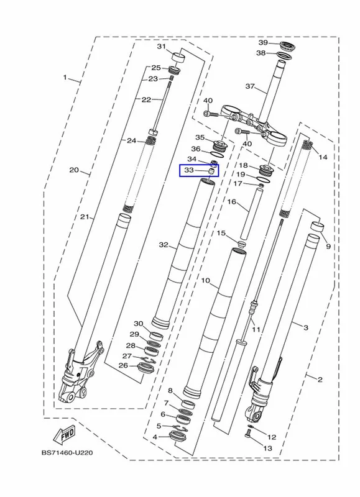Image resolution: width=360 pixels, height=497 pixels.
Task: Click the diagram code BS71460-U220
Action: click(x=67, y=453)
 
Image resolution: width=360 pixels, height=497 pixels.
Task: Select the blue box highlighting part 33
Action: click(x=199, y=170)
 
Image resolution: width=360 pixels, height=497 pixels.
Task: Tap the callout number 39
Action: click(x=263, y=43)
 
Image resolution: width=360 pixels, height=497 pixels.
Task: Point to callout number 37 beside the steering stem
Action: click(x=250, y=86)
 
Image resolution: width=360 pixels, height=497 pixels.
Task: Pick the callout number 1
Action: click(x=65, y=77)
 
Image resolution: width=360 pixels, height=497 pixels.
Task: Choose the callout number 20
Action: click(x=74, y=170)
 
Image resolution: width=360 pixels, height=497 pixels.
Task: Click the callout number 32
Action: click(x=164, y=245)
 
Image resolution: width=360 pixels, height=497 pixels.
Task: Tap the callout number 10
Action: click(x=206, y=281)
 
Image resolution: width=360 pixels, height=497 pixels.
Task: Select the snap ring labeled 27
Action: click(x=147, y=359)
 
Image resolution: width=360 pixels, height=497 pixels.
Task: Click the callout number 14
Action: click(x=323, y=157)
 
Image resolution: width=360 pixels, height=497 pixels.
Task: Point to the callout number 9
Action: click(x=328, y=246)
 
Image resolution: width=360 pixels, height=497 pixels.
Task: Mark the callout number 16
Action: click(x=232, y=201)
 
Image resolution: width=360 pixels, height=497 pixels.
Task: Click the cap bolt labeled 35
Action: click(x=218, y=146)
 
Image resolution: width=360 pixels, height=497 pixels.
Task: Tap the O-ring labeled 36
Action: click(x=217, y=155)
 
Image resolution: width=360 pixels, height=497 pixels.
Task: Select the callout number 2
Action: click(x=320, y=379)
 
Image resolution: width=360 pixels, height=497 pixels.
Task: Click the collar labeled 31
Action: click(x=178, y=58)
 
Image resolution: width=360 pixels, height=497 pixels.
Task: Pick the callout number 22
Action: click(x=146, y=99)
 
